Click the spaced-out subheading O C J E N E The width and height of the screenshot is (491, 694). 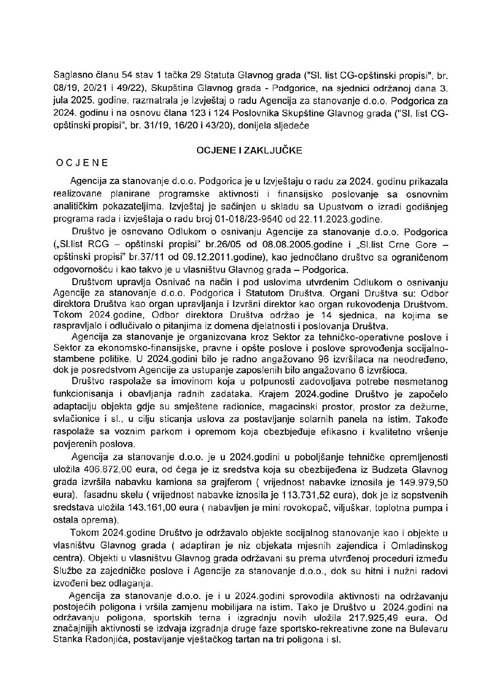pos(82,163)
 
